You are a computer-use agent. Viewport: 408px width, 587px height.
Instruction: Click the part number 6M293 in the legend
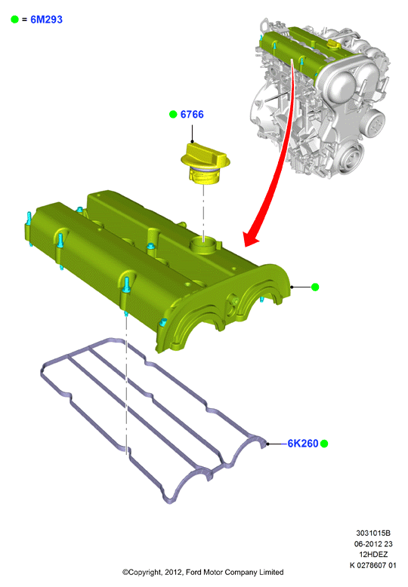(47, 20)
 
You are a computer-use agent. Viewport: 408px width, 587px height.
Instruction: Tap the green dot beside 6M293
(14, 20)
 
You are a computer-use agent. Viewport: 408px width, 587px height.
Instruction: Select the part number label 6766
(192, 114)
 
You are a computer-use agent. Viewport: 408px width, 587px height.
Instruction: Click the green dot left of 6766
(173, 114)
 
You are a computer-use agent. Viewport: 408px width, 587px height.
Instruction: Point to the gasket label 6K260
(303, 443)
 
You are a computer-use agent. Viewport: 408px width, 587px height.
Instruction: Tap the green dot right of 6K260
(324, 444)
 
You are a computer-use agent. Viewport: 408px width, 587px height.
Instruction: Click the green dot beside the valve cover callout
(315, 287)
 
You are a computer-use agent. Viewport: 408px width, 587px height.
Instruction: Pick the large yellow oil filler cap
(205, 163)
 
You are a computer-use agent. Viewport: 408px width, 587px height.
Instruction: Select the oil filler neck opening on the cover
(204, 245)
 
